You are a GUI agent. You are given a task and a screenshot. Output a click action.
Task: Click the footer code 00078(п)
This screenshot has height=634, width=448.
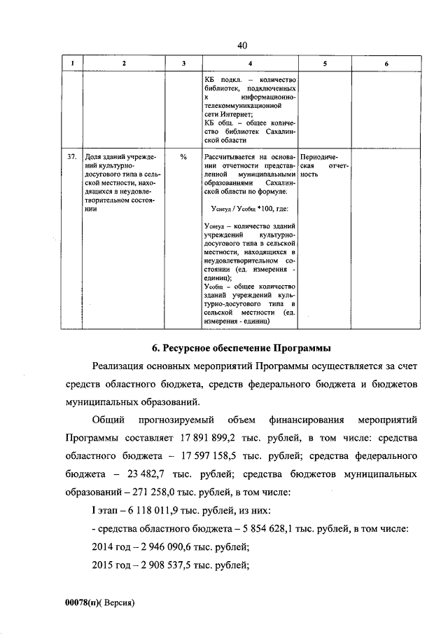click(x=83, y=602)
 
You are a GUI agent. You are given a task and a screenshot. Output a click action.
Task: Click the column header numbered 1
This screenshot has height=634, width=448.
click(x=71, y=64)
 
